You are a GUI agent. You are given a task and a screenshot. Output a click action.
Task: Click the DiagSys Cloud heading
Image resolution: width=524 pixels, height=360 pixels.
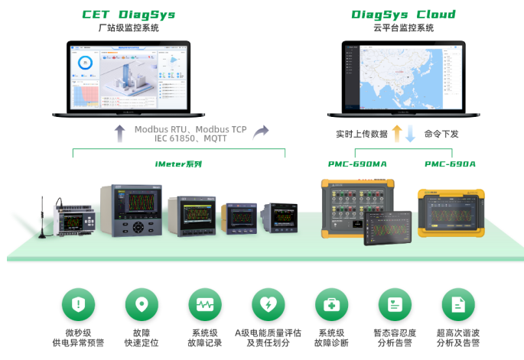(x=403, y=15)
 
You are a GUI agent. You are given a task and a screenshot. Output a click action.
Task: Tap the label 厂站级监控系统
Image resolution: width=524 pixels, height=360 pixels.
(x=129, y=28)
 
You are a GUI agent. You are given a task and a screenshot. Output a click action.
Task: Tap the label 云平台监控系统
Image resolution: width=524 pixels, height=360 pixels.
(x=403, y=28)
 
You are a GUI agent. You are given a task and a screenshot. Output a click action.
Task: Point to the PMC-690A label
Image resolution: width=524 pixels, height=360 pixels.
(x=450, y=164)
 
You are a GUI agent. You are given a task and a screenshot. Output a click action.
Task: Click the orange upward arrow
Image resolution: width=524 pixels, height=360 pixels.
(x=396, y=134)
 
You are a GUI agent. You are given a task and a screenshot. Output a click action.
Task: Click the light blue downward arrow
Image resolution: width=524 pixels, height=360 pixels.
(x=410, y=134)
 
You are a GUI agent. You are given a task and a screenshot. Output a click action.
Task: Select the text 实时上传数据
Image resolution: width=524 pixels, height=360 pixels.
(x=361, y=134)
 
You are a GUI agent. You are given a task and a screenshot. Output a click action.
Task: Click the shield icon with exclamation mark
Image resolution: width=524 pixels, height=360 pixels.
(x=77, y=304)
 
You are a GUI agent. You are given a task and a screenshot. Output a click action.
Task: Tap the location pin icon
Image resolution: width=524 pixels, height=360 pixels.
(x=141, y=304)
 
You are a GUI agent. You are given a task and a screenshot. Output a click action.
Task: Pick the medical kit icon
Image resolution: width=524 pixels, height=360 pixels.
(x=331, y=304)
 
